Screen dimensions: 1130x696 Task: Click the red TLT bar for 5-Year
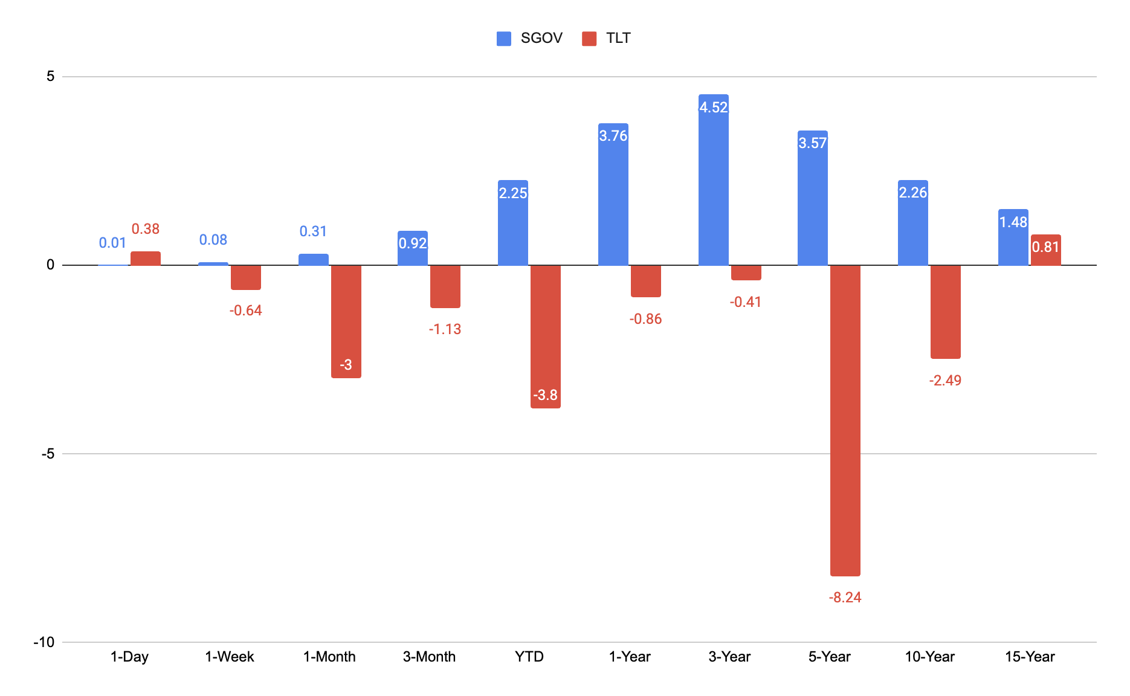pyautogui.click(x=845, y=420)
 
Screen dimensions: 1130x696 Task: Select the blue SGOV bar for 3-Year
pyautogui.click(x=714, y=179)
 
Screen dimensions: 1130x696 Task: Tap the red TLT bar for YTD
pyautogui.click(x=546, y=337)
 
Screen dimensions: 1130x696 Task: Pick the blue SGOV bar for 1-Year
pyautogui.click(x=613, y=194)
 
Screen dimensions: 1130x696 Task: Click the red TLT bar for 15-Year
pyautogui.click(x=1046, y=250)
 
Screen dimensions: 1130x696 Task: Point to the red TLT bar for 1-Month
pyautogui.click(x=346, y=321)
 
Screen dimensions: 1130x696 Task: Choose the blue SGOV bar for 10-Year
pyautogui.click(x=913, y=222)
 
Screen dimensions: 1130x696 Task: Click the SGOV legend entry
pyautogui.click(x=529, y=38)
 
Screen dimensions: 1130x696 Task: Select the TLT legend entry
pyautogui.click(x=606, y=38)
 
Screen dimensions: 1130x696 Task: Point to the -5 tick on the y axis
pyautogui.click(x=48, y=454)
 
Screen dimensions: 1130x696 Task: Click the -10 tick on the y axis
pyautogui.click(x=44, y=642)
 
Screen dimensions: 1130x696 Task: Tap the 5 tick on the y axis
pyautogui.click(x=51, y=76)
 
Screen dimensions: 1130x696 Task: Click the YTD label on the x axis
pyautogui.click(x=529, y=657)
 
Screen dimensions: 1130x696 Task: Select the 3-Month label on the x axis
pyautogui.click(x=430, y=657)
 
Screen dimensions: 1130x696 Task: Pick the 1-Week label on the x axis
pyautogui.click(x=230, y=657)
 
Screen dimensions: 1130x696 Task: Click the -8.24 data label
pyautogui.click(x=845, y=598)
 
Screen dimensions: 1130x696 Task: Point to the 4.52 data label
pyautogui.click(x=714, y=108)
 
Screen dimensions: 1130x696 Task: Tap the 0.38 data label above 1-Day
pyautogui.click(x=146, y=229)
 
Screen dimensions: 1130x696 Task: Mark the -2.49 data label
pyautogui.click(x=946, y=381)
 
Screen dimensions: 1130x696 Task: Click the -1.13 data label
pyautogui.click(x=445, y=329)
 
